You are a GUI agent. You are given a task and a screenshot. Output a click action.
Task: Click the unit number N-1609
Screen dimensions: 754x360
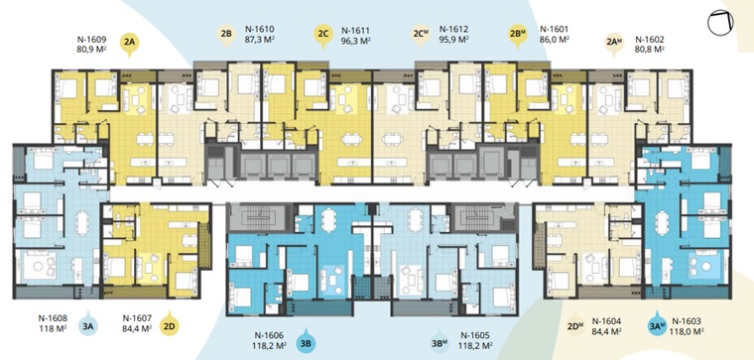point(91,40)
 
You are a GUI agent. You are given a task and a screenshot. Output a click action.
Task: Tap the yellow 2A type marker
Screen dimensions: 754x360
point(129,44)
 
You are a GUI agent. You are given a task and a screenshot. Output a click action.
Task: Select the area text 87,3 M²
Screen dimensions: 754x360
point(260,40)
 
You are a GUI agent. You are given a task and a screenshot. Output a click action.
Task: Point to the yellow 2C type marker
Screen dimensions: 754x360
point(322,36)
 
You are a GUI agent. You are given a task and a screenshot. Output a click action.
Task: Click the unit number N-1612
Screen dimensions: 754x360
point(453,30)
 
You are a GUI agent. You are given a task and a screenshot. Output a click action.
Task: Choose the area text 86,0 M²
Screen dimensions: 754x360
point(555,40)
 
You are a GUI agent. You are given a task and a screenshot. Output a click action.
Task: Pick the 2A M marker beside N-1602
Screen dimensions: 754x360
point(614,45)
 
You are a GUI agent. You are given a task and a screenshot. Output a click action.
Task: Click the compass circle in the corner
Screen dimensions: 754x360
point(720,23)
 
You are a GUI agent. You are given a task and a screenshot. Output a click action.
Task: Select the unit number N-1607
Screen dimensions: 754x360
point(138,318)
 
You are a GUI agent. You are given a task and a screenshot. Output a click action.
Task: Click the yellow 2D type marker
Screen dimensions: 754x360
point(172,326)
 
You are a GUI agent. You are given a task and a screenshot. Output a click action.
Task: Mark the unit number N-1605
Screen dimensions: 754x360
point(475,335)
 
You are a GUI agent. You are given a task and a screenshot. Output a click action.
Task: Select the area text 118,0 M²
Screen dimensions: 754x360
point(687,330)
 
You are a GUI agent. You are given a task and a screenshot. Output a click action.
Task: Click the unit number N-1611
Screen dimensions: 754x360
point(355,30)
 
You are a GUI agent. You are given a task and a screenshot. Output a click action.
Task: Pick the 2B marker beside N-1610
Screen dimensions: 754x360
point(226,36)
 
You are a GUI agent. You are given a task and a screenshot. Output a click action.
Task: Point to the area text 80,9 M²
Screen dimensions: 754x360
point(91,49)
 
